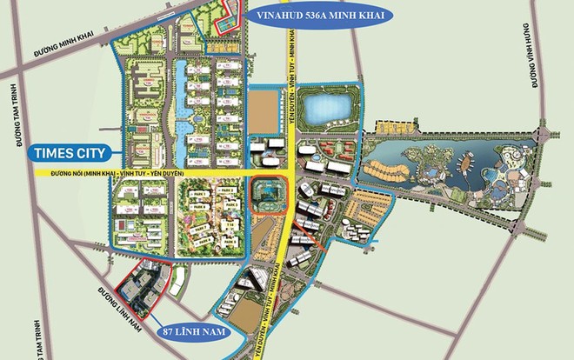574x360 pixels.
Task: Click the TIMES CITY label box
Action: pos(69,154)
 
